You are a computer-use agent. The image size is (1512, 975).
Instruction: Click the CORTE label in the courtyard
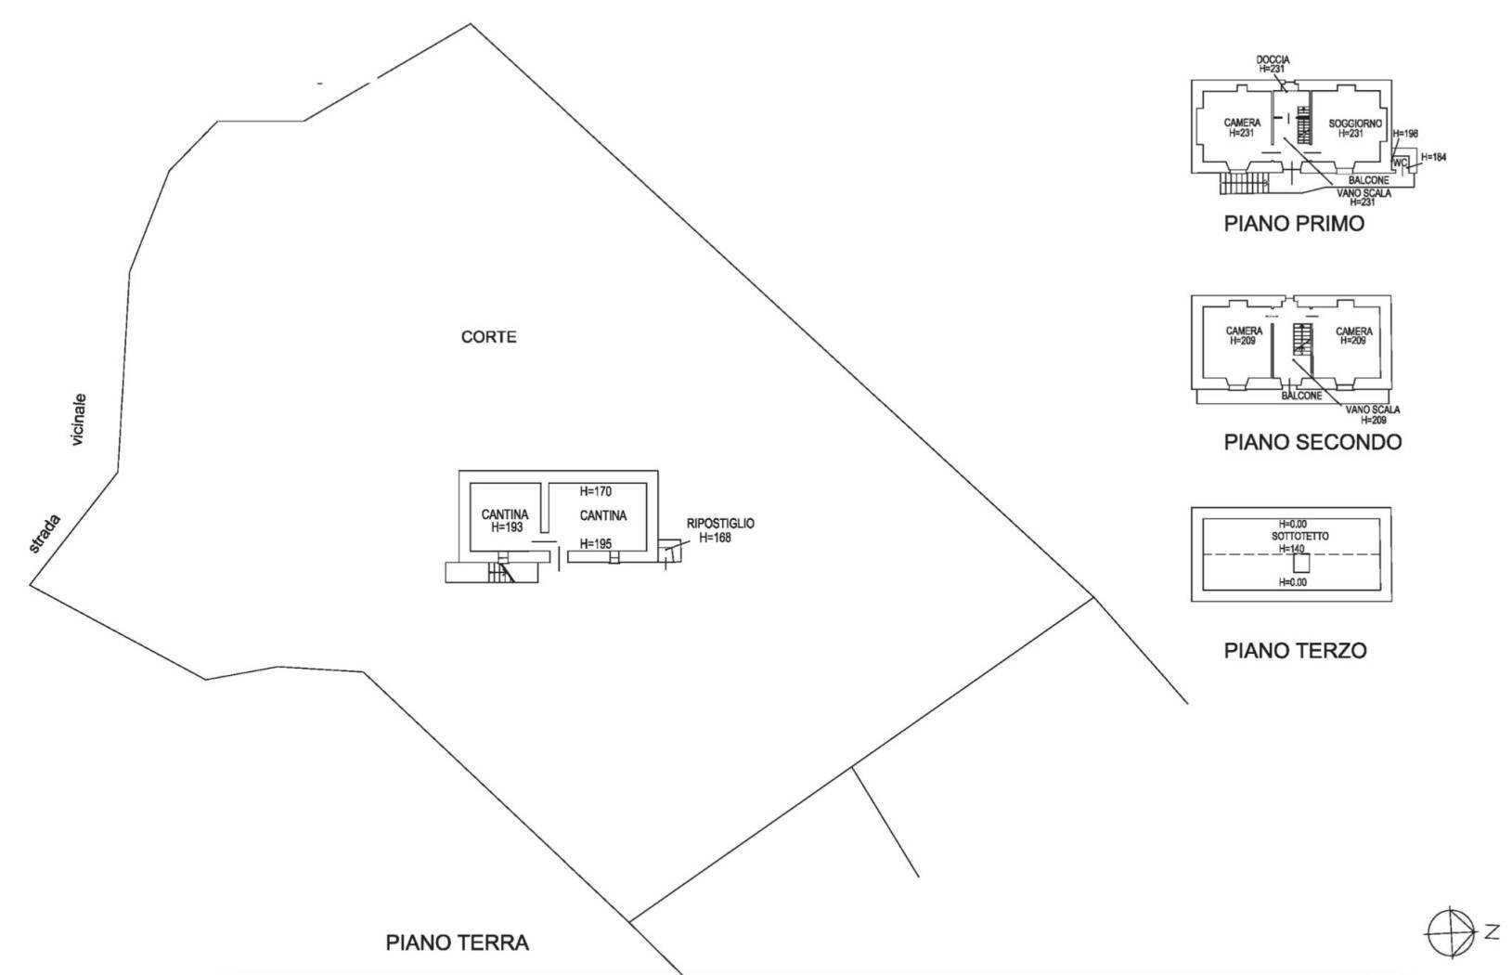point(489,336)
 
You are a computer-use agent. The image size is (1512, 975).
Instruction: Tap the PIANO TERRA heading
point(457,942)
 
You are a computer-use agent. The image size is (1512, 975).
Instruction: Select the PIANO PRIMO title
point(1294,224)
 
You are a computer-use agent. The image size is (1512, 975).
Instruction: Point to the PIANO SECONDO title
point(1312,442)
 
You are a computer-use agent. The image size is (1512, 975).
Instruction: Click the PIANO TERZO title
point(1296,650)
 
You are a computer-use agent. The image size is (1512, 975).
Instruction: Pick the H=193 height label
point(507,526)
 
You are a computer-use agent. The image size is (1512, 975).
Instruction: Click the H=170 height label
point(595,491)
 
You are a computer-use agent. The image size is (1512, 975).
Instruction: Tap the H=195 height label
point(595,543)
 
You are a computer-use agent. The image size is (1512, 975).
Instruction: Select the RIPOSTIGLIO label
point(720,524)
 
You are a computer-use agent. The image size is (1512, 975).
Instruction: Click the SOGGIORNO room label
point(1355,123)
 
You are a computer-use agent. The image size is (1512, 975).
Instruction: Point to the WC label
point(1400,162)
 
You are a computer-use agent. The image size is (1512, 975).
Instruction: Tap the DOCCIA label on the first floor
point(1273,60)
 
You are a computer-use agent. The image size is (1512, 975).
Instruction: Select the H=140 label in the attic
point(1292,549)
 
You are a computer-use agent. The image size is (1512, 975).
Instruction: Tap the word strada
point(45,533)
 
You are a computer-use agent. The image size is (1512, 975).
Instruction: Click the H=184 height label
point(1434,157)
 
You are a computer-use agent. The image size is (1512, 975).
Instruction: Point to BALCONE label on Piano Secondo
point(1301,396)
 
